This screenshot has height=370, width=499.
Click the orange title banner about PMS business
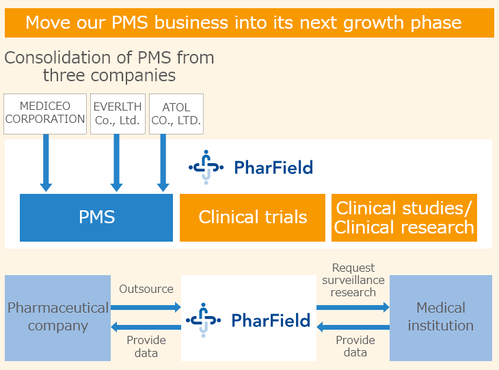tap(249, 23)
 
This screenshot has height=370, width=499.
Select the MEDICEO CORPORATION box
tap(45, 114)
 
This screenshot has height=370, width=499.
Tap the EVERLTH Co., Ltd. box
tap(118, 114)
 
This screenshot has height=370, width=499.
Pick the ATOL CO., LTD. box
tap(176, 114)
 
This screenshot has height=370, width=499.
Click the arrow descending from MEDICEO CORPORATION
tap(46, 162)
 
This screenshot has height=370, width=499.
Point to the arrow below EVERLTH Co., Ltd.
tap(117, 162)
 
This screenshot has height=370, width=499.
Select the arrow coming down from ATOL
tap(163, 162)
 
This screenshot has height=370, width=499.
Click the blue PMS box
tap(96, 218)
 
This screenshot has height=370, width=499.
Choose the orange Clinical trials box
tap(252, 218)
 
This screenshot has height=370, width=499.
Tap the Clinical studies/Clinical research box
tap(404, 218)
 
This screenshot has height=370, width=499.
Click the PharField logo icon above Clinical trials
tap(206, 167)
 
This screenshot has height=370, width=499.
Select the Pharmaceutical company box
tap(57, 318)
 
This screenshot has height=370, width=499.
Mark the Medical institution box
tap(441, 318)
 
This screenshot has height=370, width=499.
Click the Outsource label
tap(146, 289)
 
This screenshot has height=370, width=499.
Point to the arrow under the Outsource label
tap(146, 307)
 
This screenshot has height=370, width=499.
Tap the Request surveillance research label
tap(353, 280)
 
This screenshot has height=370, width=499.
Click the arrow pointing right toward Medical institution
tap(353, 307)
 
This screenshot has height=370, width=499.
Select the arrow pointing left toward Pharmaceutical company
tap(146, 327)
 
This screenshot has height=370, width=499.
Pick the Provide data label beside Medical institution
tap(355, 346)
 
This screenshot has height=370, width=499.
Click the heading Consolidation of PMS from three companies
tap(109, 66)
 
